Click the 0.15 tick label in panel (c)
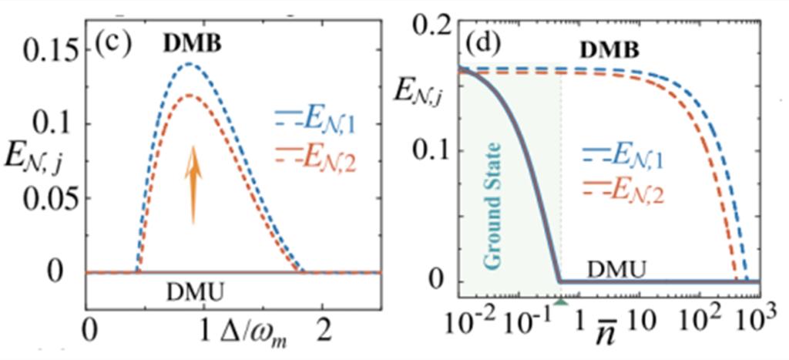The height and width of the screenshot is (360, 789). click(x=47, y=53)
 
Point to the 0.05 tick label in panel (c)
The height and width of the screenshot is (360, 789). click(x=47, y=198)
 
